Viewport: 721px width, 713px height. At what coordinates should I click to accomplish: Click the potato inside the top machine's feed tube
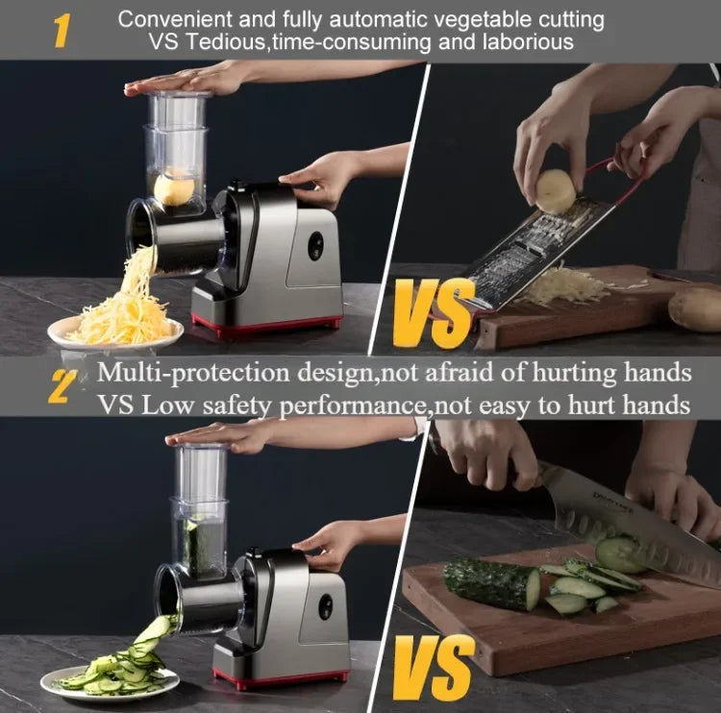coord(174,188)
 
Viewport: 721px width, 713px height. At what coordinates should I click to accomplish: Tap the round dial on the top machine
coord(316,246)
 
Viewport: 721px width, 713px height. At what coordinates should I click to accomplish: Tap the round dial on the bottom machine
coord(325,606)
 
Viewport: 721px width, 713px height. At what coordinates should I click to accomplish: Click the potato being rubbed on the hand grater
coord(556,190)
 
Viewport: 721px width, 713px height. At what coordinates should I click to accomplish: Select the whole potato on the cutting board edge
coord(694,307)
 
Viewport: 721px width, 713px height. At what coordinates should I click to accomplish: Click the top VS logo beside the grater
coord(434,314)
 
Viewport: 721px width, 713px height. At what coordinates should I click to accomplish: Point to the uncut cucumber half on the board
coord(491,583)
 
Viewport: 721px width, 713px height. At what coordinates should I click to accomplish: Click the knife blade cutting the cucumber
coord(615,514)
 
